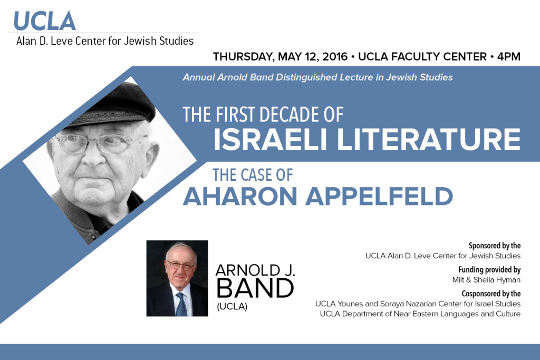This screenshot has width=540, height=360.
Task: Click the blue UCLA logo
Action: [44, 21]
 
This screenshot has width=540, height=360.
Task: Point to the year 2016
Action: [335, 56]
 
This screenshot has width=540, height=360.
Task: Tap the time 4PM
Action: [508, 56]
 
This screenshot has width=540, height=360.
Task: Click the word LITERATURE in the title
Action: [428, 139]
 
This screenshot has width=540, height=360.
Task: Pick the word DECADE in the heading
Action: [287, 114]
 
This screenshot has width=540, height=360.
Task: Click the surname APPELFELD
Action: [379, 196]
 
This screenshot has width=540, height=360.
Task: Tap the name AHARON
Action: [240, 196]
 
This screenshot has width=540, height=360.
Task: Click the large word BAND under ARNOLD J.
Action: [255, 288]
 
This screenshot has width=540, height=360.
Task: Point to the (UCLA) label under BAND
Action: [232, 306]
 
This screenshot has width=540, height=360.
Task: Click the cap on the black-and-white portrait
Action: [114, 105]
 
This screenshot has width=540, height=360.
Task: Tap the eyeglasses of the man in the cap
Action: [100, 142]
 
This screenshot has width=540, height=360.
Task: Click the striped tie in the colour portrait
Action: [181, 304]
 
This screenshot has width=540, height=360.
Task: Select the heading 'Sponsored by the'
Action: [494, 246]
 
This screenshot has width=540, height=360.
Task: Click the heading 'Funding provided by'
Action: [489, 269]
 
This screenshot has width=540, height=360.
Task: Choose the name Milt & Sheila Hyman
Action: [486, 280]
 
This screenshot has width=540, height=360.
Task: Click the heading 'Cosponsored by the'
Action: [491, 294]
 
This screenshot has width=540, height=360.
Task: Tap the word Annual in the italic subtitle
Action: [198, 77]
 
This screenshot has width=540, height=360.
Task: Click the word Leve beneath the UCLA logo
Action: [62, 41]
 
